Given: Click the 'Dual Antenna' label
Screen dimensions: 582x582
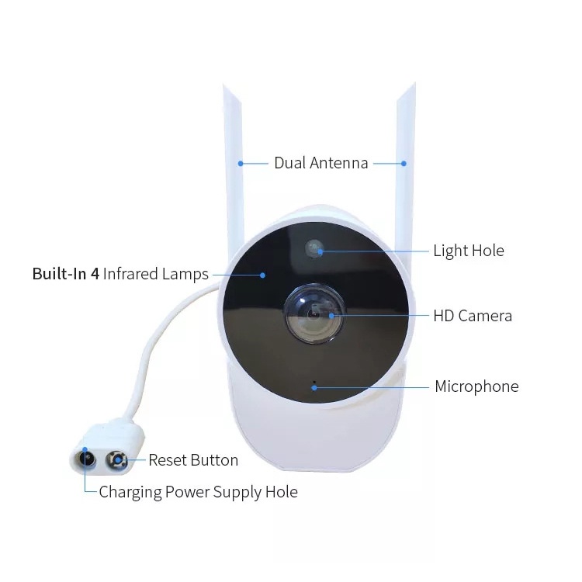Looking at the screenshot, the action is tap(320, 163).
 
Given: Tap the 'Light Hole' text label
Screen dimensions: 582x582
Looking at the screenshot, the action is tap(468, 251).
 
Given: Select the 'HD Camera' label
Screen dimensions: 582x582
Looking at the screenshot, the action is tap(472, 315).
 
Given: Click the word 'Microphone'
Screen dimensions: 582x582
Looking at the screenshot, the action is tap(476, 386).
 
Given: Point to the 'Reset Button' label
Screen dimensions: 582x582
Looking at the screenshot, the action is tap(193, 460).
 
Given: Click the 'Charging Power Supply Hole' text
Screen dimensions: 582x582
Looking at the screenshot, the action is tap(198, 492).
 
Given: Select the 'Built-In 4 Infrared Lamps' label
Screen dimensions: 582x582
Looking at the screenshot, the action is tap(120, 274).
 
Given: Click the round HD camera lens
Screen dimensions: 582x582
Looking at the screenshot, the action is tap(314, 314).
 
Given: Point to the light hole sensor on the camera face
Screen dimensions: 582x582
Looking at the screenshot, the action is tap(314, 248).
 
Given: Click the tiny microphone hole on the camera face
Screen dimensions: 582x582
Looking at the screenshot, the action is tap(314, 384).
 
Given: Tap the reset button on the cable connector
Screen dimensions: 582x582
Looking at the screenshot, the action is tap(117, 459).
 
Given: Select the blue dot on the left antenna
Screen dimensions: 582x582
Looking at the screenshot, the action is tap(241, 163).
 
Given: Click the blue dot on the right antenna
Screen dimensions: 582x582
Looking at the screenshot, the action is tap(404, 163).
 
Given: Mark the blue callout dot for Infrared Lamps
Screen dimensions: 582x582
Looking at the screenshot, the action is tap(263, 274).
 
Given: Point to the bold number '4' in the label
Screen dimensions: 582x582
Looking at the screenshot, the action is tap(95, 274).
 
